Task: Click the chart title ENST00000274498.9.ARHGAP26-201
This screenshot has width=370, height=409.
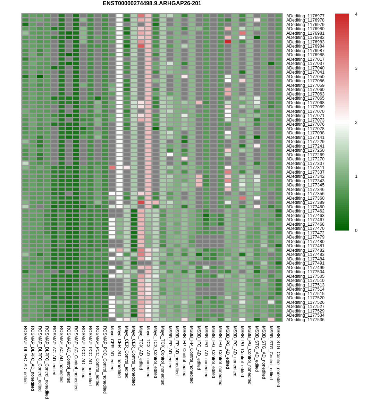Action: [152, 3]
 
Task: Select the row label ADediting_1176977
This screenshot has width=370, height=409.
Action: [305, 16]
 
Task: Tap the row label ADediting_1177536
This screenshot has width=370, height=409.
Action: [305, 320]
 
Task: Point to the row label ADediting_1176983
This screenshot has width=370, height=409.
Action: [305, 42]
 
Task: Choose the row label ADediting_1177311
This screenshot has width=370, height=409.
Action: [305, 168]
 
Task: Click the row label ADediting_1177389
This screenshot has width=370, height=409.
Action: [305, 202]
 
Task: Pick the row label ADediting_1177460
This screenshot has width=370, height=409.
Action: [305, 207]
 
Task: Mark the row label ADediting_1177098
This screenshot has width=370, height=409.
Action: [305, 133]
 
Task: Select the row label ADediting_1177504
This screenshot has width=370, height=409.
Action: [305, 272]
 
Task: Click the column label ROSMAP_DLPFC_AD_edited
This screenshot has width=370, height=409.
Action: [25, 354]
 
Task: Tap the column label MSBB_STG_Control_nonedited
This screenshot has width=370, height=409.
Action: [278, 356]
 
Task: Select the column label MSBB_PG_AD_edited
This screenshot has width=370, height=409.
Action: [228, 347]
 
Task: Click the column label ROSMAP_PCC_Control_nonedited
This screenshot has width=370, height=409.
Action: [105, 359]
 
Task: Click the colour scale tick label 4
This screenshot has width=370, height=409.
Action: [356, 14]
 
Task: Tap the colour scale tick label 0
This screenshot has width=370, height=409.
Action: [356, 231]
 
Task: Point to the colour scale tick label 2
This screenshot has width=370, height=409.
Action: [356, 123]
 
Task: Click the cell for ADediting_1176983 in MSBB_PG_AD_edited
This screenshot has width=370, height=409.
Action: [228, 42]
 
